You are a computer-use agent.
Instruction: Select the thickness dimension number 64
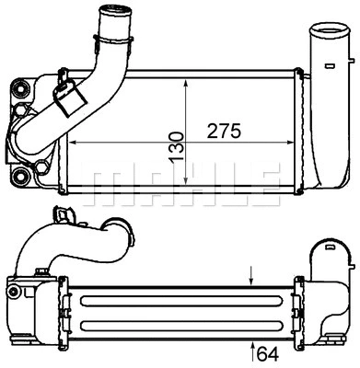click(268, 351)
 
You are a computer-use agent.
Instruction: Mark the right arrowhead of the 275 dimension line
click(290, 144)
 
